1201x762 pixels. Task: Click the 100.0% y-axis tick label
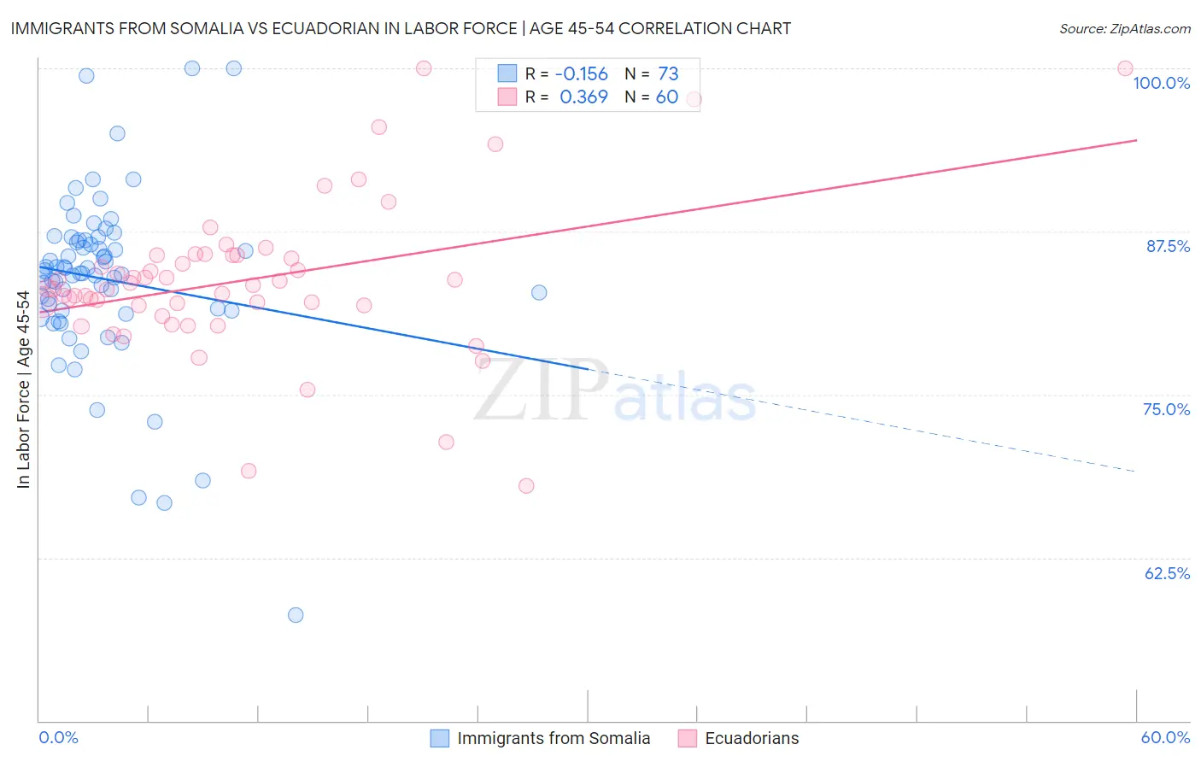pyautogui.click(x=1161, y=83)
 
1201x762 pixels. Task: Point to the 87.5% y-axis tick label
pyautogui.click(x=1168, y=246)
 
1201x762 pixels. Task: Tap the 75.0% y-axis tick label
pyautogui.click(x=1166, y=409)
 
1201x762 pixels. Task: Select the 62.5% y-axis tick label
pyautogui.click(x=1167, y=573)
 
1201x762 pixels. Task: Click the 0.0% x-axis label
pyautogui.click(x=58, y=737)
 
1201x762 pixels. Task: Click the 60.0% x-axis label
pyautogui.click(x=1165, y=737)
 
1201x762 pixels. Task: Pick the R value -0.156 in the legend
pyautogui.click(x=581, y=74)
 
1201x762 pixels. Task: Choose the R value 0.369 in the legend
pyautogui.click(x=583, y=97)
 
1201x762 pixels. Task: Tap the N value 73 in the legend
pyautogui.click(x=668, y=74)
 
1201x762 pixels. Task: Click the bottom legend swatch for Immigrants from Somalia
pyautogui.click(x=440, y=738)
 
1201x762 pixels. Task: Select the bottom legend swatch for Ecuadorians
pyautogui.click(x=688, y=738)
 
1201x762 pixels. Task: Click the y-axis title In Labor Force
pyautogui.click(x=23, y=390)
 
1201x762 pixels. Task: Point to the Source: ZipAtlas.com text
pyautogui.click(x=1124, y=29)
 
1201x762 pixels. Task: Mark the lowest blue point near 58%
pyautogui.click(x=296, y=615)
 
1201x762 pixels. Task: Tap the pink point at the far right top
pyautogui.click(x=1125, y=68)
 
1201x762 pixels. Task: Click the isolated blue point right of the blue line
pyautogui.click(x=539, y=293)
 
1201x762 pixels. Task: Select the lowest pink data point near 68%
pyautogui.click(x=526, y=486)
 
